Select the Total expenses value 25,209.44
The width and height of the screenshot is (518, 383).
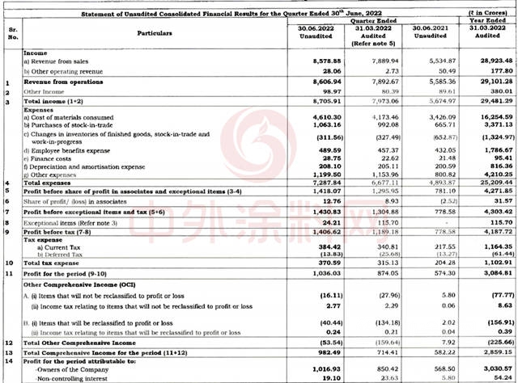point(488,183)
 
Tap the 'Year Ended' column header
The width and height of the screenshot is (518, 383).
point(488,22)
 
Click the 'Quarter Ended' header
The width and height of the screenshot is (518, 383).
point(366,22)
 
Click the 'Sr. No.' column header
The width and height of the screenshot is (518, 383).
point(11,33)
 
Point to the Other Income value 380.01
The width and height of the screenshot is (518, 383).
point(490,93)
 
